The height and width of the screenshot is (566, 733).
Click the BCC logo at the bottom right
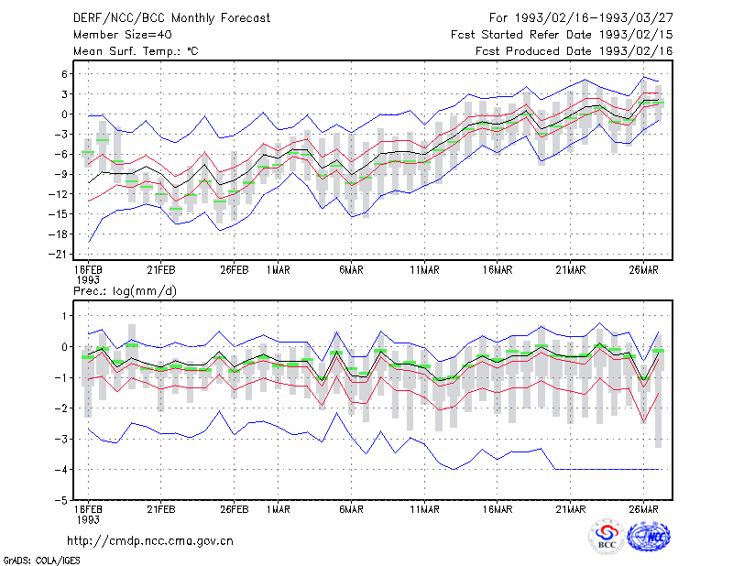coord(607,536)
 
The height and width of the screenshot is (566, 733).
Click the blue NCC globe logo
coord(650,537)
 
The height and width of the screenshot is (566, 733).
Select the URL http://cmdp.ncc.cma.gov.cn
coord(150,541)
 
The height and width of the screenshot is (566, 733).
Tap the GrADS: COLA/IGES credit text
coord(41,561)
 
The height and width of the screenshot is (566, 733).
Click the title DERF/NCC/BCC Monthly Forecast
coord(171,18)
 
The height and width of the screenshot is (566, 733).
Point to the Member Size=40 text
coord(123,35)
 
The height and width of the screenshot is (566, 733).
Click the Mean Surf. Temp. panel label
coord(136,51)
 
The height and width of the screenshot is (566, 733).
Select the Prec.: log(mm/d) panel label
coord(125,291)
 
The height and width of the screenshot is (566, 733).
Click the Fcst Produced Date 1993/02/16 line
coord(574,51)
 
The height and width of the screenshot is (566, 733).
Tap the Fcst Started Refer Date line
coord(562,35)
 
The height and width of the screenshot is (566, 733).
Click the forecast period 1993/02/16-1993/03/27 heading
coord(581,17)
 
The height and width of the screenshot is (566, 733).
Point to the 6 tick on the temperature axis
coord(64,74)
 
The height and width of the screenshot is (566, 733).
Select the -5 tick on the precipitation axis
coord(61,500)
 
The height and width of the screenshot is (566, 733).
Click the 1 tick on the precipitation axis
coord(65,316)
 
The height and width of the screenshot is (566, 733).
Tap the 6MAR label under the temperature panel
coord(352,270)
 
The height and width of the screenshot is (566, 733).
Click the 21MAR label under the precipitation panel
coord(570,509)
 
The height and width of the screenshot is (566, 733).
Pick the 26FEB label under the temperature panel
coord(235,270)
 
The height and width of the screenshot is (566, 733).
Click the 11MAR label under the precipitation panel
coord(424,509)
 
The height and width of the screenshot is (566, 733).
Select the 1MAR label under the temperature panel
coord(279,270)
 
